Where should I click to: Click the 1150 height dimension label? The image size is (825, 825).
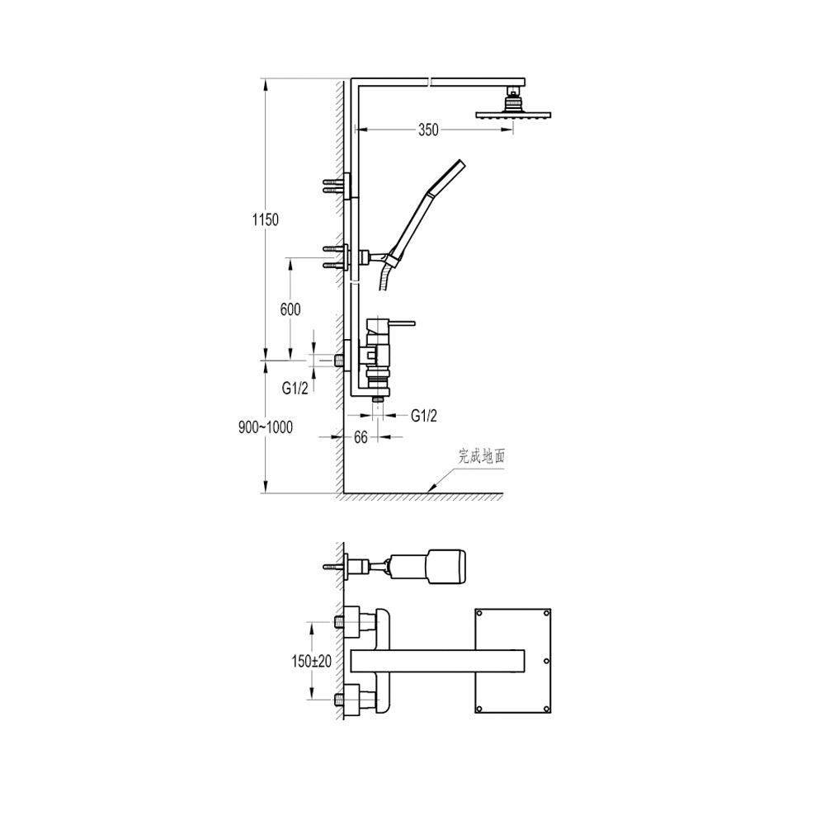point(266,219)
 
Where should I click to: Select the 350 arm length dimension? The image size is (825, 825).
point(428,130)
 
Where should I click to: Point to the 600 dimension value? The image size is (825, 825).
point(290,309)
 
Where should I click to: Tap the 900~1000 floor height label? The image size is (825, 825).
point(266,427)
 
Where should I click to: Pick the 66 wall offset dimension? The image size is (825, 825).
point(361,437)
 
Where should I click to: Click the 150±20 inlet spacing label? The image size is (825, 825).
point(312,661)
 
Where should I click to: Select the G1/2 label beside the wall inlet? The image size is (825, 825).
point(295,389)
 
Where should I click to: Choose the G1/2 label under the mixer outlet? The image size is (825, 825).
point(423,416)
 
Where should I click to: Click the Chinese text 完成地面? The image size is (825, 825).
point(482,455)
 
